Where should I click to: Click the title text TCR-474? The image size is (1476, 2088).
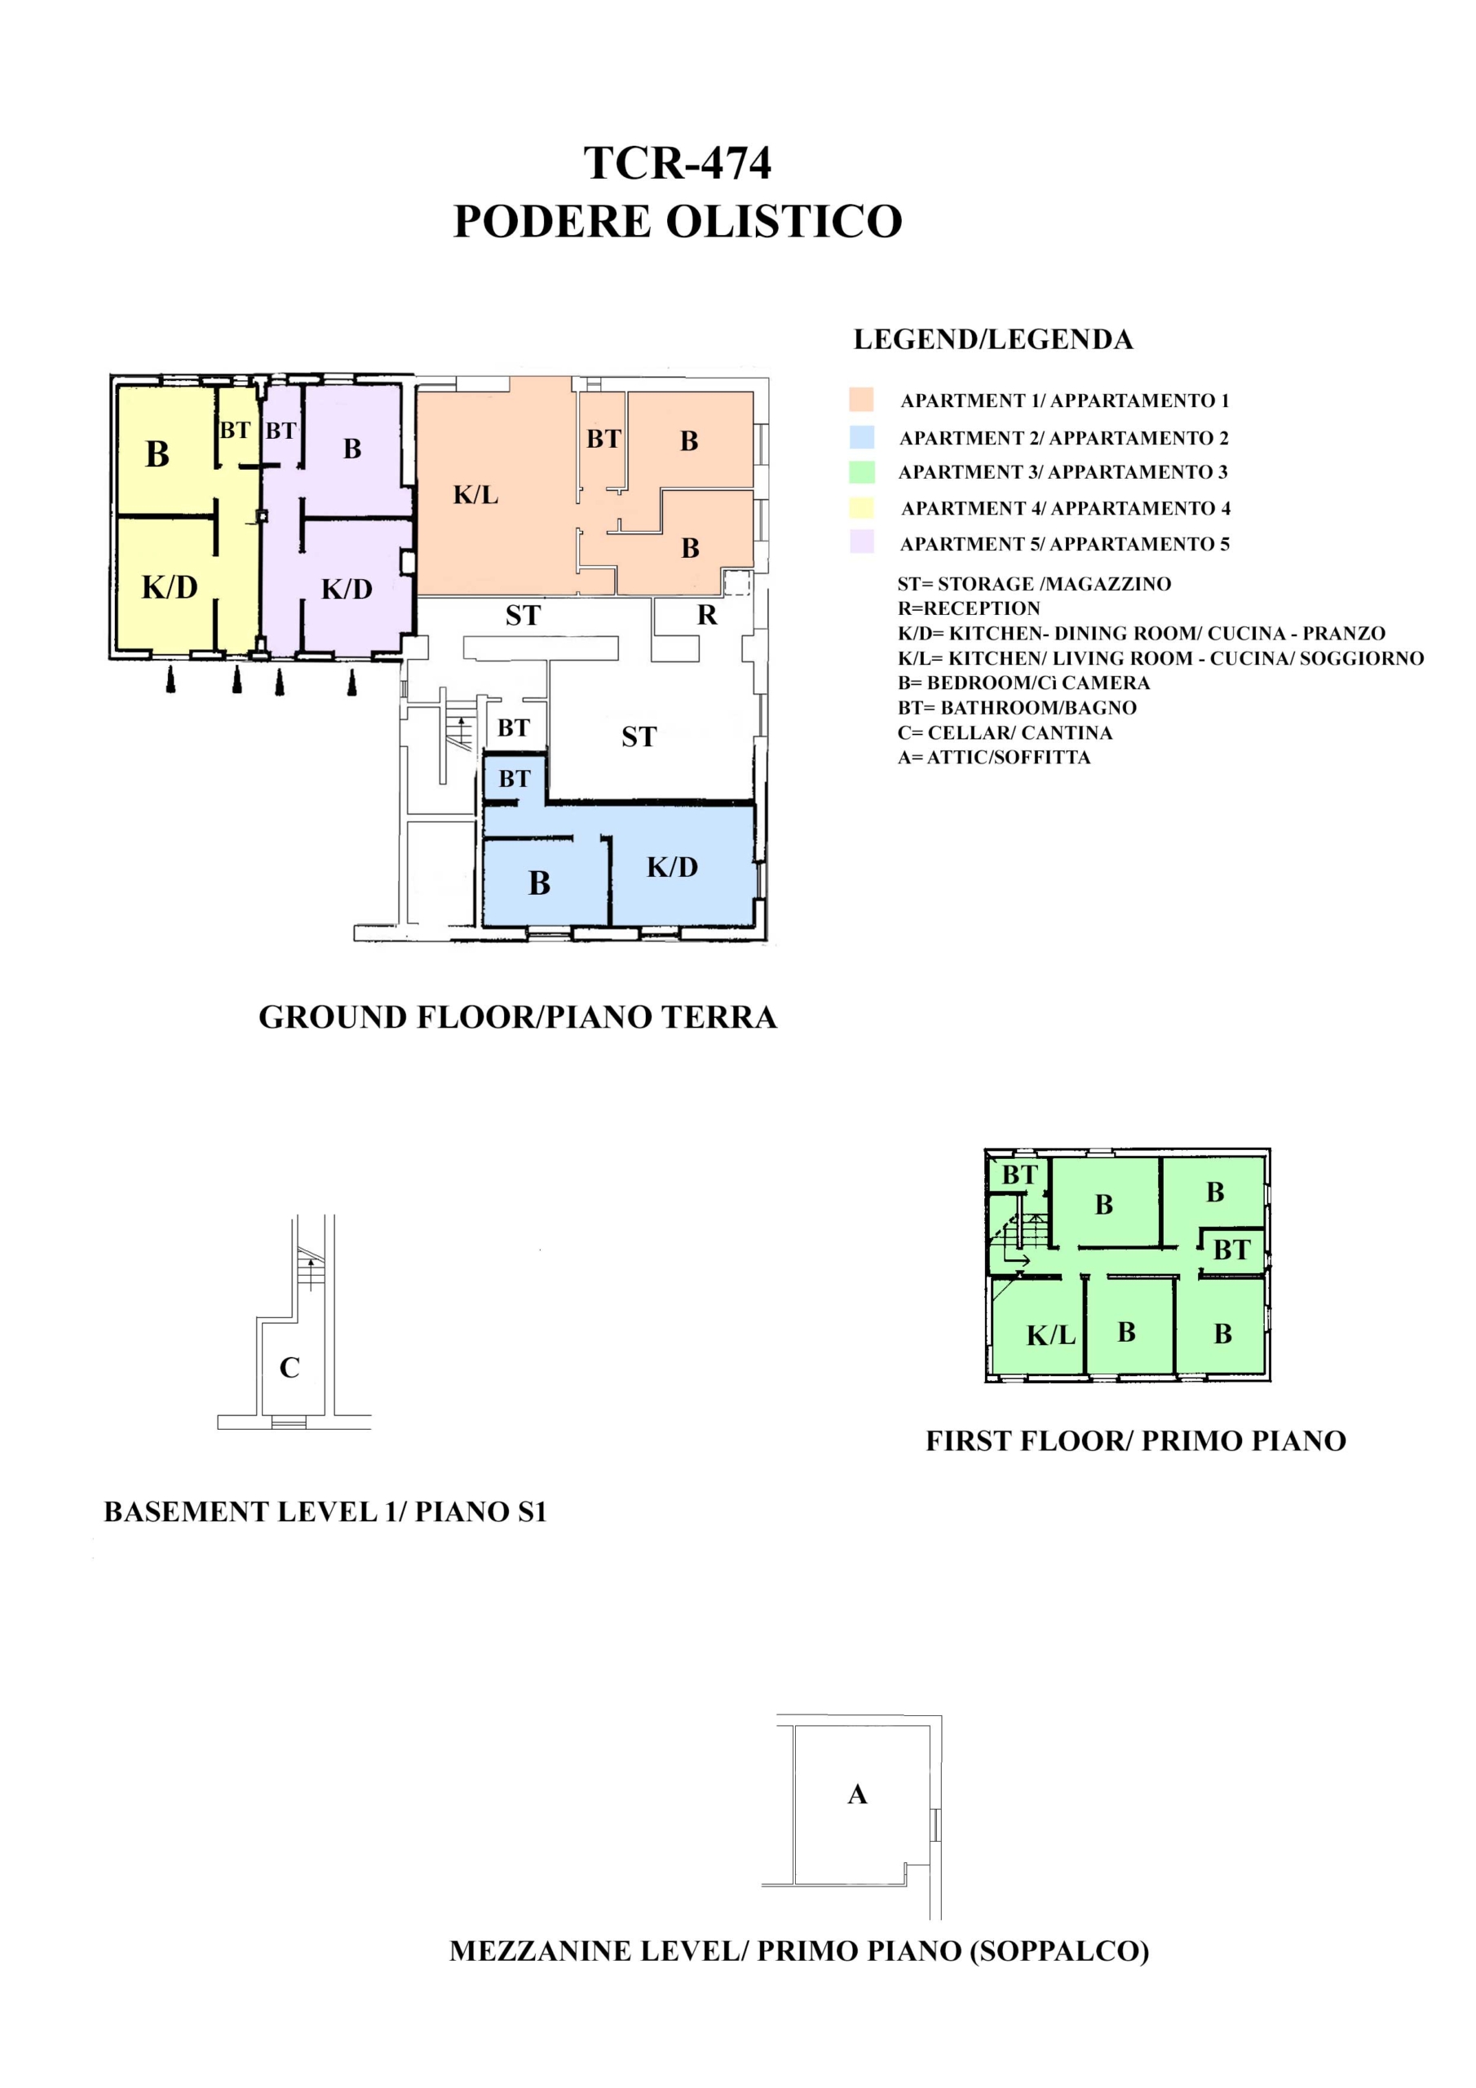(x=677, y=164)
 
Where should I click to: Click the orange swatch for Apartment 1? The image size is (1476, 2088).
(x=861, y=399)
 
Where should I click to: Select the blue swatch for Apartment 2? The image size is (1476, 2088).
(x=861, y=437)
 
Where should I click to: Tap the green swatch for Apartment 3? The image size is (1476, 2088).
(x=861, y=472)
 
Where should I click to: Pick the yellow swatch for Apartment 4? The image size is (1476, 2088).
(x=861, y=507)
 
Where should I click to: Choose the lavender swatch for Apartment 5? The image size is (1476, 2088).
(x=861, y=542)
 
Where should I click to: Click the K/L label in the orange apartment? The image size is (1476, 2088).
(x=475, y=496)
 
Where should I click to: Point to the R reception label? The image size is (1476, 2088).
(x=708, y=616)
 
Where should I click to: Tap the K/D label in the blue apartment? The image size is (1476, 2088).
(x=672, y=868)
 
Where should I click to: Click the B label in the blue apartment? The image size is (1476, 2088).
(x=539, y=883)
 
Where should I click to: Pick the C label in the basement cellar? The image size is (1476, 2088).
(x=289, y=1368)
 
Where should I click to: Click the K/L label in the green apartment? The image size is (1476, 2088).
(x=1050, y=1336)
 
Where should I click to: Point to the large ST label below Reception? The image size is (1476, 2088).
(x=639, y=737)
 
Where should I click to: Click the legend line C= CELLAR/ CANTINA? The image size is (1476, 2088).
(x=1005, y=733)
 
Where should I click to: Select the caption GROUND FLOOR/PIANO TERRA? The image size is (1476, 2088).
(x=518, y=1018)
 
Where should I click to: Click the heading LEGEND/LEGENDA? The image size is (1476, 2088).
(x=993, y=340)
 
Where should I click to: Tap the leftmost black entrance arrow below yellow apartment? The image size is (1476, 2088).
(x=171, y=679)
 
